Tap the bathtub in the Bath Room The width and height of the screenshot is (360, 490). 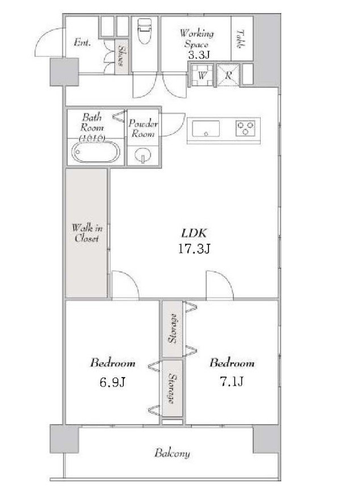[x=95, y=152]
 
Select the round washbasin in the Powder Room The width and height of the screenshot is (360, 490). [x=143, y=154]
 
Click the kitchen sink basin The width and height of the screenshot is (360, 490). [x=206, y=128]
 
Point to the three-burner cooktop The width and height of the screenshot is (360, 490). [x=245, y=128]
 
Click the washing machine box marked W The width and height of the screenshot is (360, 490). [x=202, y=75]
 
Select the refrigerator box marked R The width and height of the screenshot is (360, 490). [x=228, y=75]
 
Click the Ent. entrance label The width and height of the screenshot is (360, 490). [x=82, y=42]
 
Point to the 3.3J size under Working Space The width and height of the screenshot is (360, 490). [x=199, y=55]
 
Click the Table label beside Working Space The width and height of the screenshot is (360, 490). [x=240, y=39]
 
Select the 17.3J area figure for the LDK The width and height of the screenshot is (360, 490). [x=194, y=249]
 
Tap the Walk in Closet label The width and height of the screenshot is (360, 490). [x=87, y=233]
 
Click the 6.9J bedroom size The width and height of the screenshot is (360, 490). [x=112, y=382]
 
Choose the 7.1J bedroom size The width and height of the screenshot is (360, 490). [x=232, y=381]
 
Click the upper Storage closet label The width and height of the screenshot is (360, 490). [x=173, y=328]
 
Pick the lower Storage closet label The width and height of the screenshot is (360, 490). [x=171, y=388]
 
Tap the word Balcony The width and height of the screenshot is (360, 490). [x=172, y=453]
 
